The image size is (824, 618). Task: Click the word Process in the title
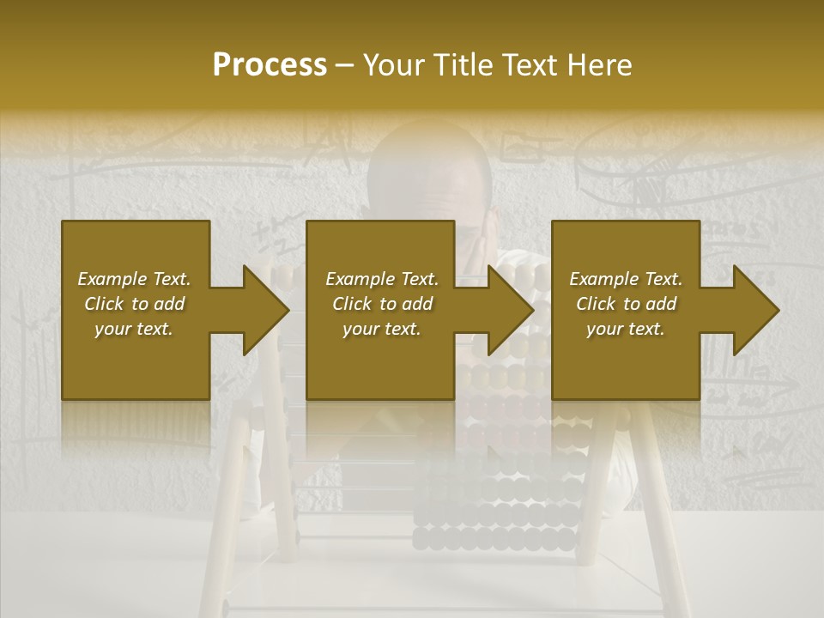pos(270,65)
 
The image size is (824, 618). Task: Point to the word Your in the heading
pos(397,65)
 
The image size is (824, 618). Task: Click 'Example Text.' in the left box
pos(134,279)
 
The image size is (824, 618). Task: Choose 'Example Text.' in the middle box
pos(382,279)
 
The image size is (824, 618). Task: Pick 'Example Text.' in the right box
pos(626,279)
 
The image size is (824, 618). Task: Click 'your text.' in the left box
pos(134,329)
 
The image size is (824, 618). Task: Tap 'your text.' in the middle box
pos(382,329)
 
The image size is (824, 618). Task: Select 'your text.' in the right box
pos(626,329)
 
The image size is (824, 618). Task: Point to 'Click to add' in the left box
pos(134,304)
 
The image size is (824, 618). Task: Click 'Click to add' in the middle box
pos(382,304)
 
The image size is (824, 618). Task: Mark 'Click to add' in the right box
pos(626,304)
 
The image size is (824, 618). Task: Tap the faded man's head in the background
pos(429,172)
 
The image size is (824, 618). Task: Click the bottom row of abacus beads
pos(494,539)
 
